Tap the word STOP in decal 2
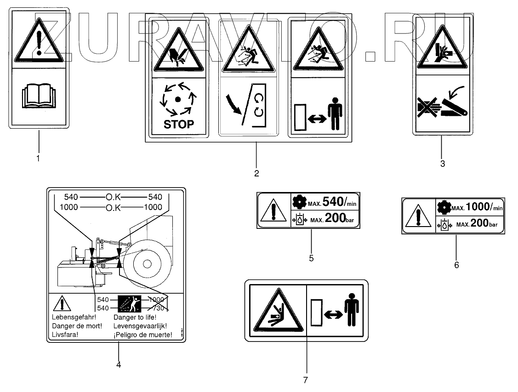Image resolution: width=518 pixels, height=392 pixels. [178, 124]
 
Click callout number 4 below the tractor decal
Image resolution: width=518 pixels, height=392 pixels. [119, 364]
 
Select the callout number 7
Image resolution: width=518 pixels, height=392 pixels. [305, 380]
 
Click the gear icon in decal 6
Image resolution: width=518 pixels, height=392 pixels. [444, 207]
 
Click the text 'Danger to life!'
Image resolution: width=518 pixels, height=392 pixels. [135, 318]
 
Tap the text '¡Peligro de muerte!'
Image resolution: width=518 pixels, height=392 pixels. [142, 335]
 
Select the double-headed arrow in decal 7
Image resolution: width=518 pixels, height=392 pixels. [331, 315]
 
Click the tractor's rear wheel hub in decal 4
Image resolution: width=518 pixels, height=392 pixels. [147, 264]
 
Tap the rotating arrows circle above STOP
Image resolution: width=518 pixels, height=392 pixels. [178, 99]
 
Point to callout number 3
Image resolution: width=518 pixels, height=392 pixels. [442, 163]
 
